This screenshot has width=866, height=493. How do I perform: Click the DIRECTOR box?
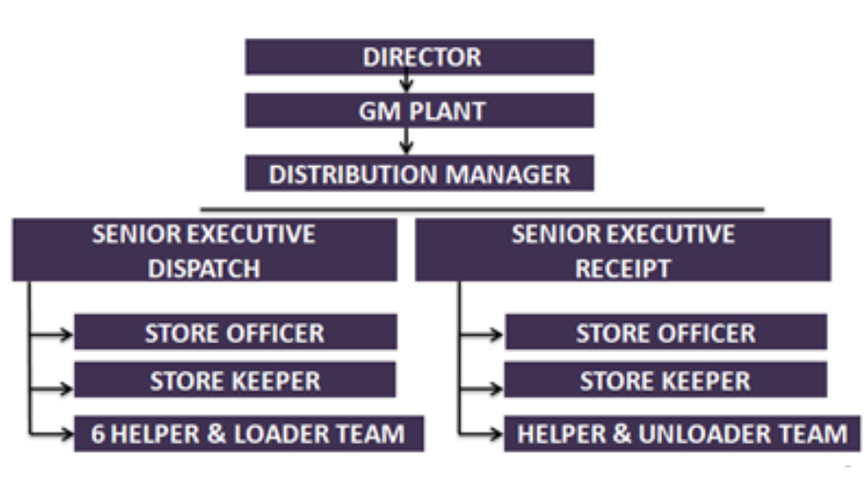(x=419, y=57)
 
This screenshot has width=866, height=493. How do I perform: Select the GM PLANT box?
(x=419, y=110)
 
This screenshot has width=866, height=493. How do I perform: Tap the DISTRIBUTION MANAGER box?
(x=419, y=174)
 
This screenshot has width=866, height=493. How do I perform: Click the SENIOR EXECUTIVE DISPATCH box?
(x=204, y=250)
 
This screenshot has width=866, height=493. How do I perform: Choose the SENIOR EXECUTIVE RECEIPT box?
(x=623, y=250)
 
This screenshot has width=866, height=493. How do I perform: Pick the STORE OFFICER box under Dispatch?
(x=234, y=333)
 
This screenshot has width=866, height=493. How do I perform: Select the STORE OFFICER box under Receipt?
(x=665, y=333)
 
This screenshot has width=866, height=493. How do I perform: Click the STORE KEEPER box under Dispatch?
(x=234, y=381)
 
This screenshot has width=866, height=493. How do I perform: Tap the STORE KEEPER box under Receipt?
(x=665, y=381)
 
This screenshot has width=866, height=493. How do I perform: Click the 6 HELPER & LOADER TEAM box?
(x=249, y=434)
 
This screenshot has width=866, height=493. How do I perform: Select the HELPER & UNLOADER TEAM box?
(x=680, y=434)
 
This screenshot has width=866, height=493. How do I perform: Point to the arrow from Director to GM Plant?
(x=406, y=83)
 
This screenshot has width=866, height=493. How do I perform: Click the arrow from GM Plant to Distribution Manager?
(x=406, y=141)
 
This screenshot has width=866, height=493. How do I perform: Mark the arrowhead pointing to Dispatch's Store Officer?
(x=66, y=334)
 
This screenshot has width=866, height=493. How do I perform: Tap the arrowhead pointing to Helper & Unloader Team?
(x=496, y=435)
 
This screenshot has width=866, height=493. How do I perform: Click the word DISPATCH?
(x=204, y=268)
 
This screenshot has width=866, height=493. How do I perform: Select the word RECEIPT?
(x=623, y=268)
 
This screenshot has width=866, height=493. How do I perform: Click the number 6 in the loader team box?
(x=98, y=434)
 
